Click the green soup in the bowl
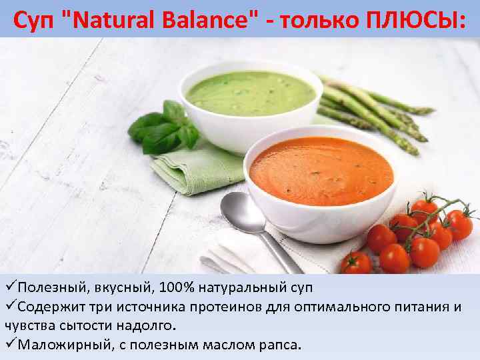(250, 93)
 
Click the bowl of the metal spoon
(243, 213)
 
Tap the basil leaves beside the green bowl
(163, 127)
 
